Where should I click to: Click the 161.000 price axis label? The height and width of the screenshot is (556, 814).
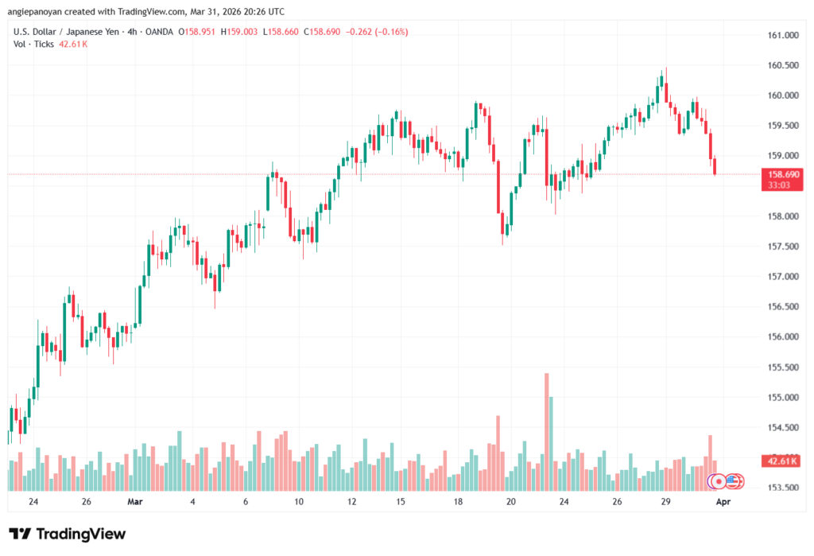(783, 35)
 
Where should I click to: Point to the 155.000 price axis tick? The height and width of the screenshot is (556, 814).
(783, 397)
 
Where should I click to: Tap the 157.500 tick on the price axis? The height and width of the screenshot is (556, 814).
(783, 247)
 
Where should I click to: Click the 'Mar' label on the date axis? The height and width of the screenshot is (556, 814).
(134, 502)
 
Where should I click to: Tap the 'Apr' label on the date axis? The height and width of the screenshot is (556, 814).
(723, 502)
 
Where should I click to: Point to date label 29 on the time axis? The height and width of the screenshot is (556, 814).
(666, 502)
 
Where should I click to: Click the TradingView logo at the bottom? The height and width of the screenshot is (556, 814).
(67, 534)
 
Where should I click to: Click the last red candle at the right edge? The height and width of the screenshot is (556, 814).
(715, 166)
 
